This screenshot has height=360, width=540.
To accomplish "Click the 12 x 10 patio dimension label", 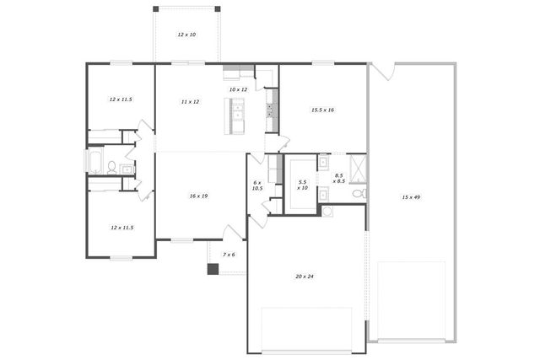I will (x=186, y=35).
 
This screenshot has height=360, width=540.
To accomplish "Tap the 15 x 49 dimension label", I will (x=411, y=197).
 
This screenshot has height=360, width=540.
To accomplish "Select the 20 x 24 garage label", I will (x=304, y=277).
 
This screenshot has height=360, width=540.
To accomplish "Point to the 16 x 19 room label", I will (x=198, y=196).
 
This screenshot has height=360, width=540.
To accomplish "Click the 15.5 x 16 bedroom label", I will (x=323, y=110).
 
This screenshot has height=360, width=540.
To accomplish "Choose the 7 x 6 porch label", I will (x=229, y=254).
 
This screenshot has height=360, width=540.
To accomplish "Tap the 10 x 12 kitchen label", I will (x=238, y=89).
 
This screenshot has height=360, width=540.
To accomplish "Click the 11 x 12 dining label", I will (x=190, y=101).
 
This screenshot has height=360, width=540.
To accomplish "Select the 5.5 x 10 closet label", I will (x=302, y=185).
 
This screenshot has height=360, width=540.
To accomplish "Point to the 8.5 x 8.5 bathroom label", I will (x=338, y=178).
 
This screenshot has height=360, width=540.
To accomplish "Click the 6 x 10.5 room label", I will (x=258, y=185).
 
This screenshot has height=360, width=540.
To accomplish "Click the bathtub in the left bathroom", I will (x=95, y=161).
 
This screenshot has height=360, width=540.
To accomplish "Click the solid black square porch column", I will (x=213, y=269).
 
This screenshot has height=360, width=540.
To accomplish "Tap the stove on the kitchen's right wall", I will (x=271, y=109).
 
